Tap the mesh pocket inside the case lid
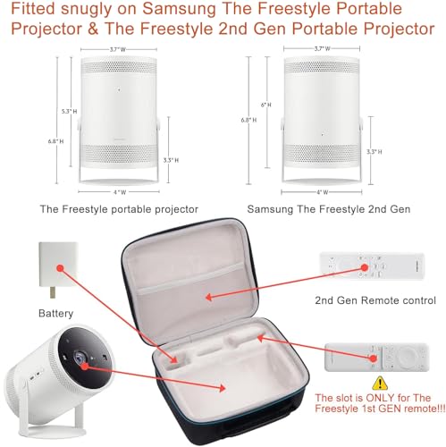tap(206, 286)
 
